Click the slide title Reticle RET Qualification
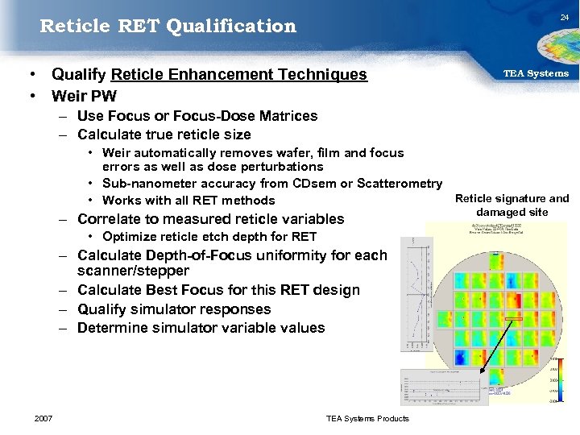(168, 26)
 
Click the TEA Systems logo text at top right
(536, 73)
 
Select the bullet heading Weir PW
(84, 96)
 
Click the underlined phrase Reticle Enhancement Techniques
(238, 75)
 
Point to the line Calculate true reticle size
(164, 135)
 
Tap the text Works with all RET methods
(188, 201)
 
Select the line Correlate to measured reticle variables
(210, 219)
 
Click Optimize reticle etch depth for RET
(209, 237)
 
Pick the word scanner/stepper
(133, 271)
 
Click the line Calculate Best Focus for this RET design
(218, 290)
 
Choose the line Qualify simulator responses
(174, 309)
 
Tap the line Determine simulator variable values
(201, 328)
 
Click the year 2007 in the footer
(44, 418)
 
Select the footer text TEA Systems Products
(367, 418)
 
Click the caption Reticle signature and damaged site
(512, 205)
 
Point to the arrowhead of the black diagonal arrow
(483, 371)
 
